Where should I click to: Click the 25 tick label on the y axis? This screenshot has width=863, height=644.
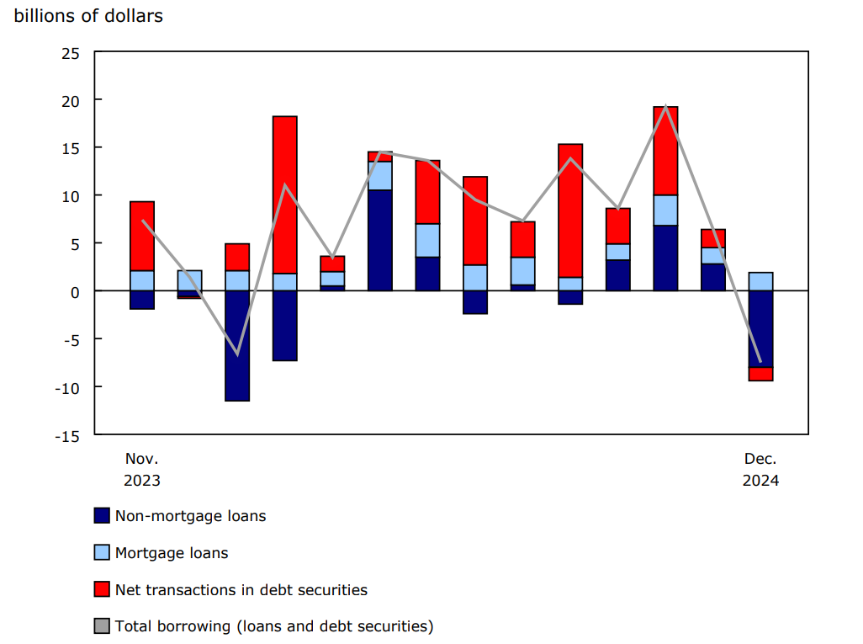coord(70,52)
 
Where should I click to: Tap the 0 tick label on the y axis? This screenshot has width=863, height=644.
coord(75,291)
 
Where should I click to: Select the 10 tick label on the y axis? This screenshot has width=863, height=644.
coord(70,196)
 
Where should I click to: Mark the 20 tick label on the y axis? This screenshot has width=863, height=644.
coord(70,100)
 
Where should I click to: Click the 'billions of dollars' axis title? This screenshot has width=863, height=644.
coord(88,16)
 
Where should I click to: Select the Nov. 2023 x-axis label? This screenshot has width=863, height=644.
coord(141,470)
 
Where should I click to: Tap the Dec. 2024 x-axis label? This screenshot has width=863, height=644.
coord(760,470)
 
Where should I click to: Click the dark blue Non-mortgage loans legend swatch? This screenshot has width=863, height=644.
coord(102,516)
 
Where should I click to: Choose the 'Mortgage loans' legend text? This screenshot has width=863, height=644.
coord(172,553)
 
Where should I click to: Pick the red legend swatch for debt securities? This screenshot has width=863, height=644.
coord(102,590)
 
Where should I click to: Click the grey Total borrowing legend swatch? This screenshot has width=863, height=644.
coord(102,626)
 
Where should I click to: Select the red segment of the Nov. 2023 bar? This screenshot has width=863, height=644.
coord(142,236)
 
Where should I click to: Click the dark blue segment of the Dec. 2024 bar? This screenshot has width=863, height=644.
coord(760,329)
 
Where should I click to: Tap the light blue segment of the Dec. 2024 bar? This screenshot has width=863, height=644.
coord(760,281)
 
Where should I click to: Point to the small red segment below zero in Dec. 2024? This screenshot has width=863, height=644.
coord(760,375)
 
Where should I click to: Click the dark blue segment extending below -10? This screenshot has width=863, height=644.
coord(237,345)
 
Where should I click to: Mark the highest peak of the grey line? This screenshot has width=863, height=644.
coord(665,106)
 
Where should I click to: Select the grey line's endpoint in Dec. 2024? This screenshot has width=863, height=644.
coord(760,362)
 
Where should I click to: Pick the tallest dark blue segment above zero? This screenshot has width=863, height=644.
coord(380,240)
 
